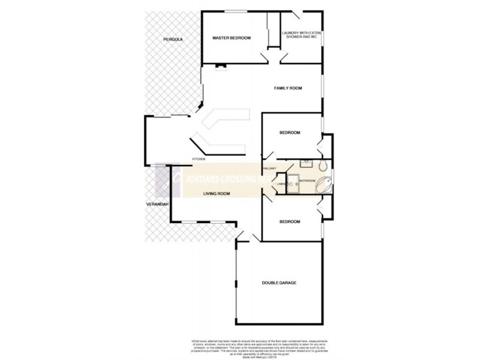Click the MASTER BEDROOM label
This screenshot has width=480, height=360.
(x=232, y=38)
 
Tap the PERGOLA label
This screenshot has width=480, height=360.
(x=172, y=39)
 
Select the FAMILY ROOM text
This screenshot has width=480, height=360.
(x=288, y=88)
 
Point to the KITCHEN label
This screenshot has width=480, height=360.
(x=199, y=159)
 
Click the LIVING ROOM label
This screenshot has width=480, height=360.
(x=217, y=193)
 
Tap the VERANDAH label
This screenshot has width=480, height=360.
(x=155, y=205)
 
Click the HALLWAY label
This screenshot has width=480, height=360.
(x=269, y=170)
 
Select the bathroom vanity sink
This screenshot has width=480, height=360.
(x=307, y=163)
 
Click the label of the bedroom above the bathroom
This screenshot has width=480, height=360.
(x=290, y=133)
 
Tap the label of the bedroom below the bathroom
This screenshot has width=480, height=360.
(x=290, y=221)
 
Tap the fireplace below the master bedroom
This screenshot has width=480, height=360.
(x=221, y=66)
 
